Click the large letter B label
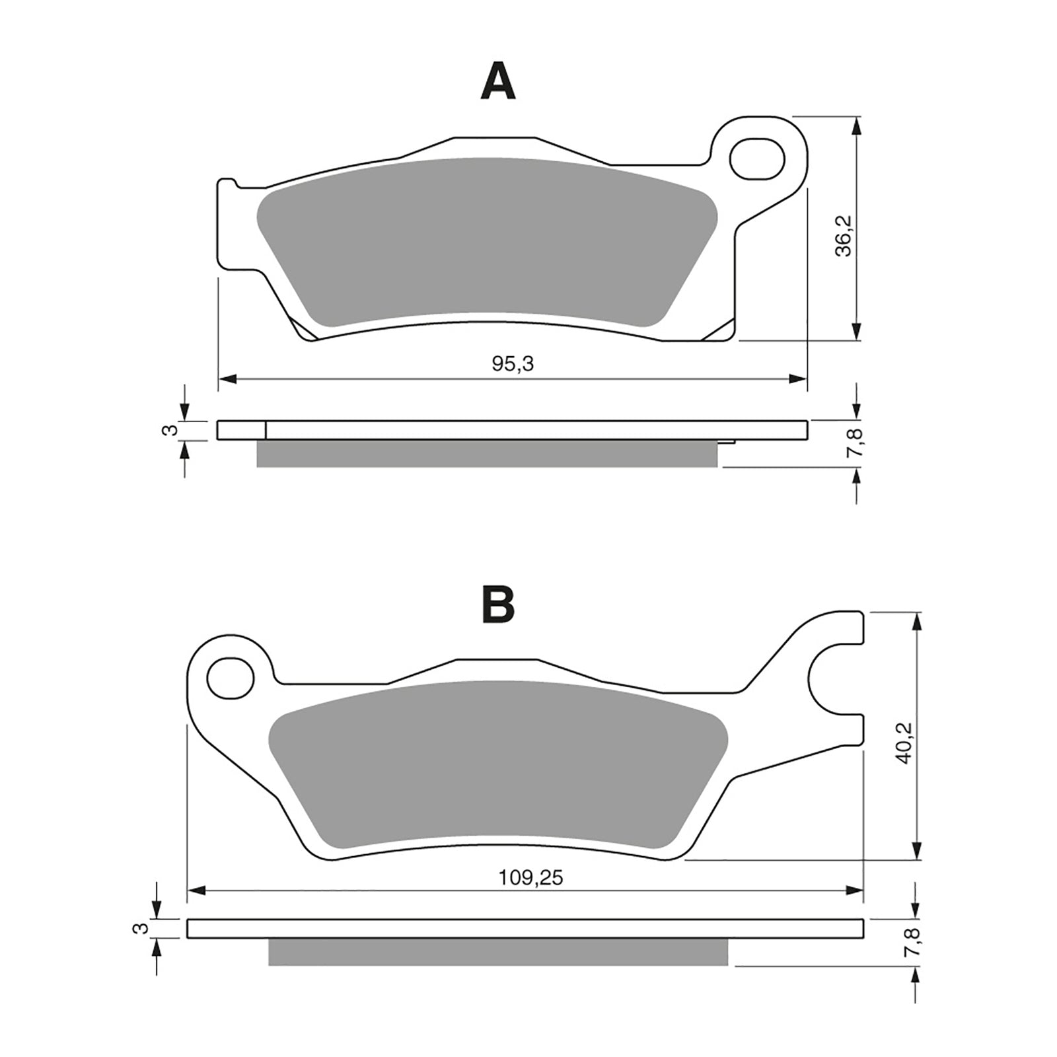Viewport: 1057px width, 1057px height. (x=498, y=604)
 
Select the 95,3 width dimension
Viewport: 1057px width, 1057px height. (x=513, y=363)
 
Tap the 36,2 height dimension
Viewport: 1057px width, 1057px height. (x=844, y=235)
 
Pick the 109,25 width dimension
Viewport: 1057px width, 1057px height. (x=530, y=878)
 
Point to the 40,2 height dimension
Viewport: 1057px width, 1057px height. (x=904, y=743)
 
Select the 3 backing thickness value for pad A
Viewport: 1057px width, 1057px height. (x=170, y=431)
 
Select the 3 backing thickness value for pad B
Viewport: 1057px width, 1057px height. (x=140, y=928)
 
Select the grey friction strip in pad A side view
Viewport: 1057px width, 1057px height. (x=486, y=454)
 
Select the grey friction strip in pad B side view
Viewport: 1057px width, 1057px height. (x=497, y=952)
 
